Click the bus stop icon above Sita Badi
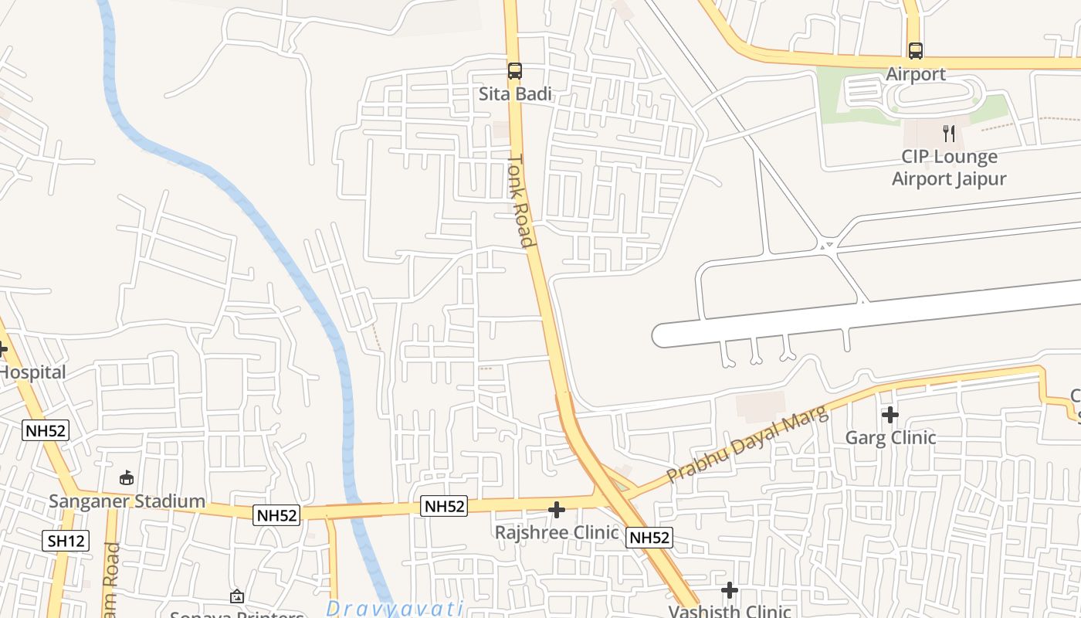coord(515,71)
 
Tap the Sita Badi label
coord(516,94)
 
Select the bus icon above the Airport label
coord(916,51)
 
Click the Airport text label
coord(916,74)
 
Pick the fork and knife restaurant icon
coord(949,134)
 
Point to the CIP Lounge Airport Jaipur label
coord(949,168)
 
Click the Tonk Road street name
coord(521,201)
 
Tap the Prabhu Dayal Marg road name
coord(747,444)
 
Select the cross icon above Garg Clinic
coord(890,415)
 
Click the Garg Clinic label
coord(890,438)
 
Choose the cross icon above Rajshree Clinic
coord(557,510)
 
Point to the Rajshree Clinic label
coord(557,533)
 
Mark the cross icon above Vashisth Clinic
coord(730,591)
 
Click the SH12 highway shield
coord(66,541)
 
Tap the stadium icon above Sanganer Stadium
coord(127,478)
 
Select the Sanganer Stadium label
coord(127,501)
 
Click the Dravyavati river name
coord(394,608)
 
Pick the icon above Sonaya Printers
coord(237,596)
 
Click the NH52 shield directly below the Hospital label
coord(46,431)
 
